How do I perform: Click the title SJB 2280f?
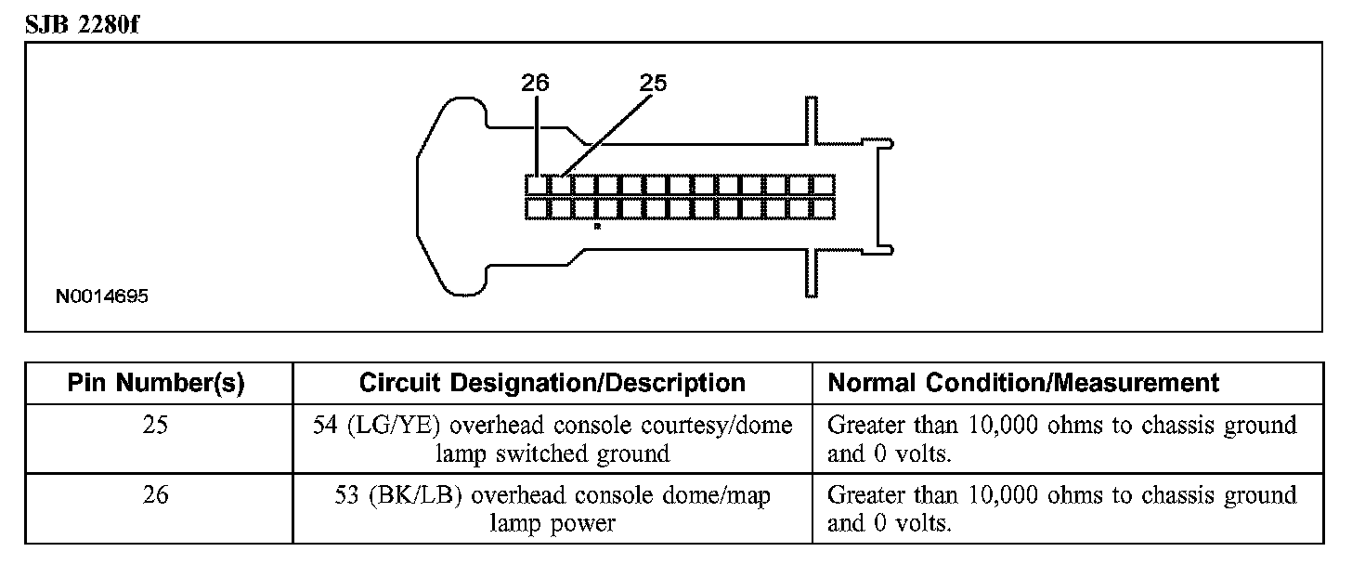click(x=83, y=22)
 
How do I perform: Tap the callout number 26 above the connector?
click(x=535, y=83)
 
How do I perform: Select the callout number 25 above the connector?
click(x=653, y=83)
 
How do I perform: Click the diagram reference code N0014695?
click(x=101, y=297)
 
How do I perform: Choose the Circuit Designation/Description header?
click(x=552, y=383)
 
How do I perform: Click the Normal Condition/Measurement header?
click(x=1022, y=383)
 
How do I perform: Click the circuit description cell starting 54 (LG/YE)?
click(x=552, y=439)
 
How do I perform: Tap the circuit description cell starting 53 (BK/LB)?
click(x=552, y=509)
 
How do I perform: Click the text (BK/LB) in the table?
click(x=414, y=496)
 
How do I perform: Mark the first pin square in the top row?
click(x=536, y=184)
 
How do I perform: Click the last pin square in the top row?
click(x=823, y=184)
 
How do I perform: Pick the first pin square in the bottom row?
click(x=536, y=208)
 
